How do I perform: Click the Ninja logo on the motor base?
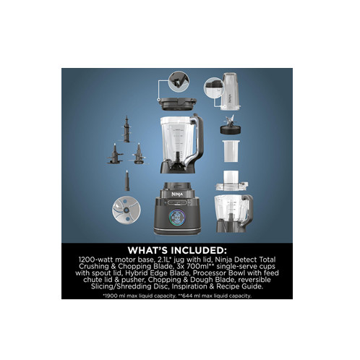(177, 194)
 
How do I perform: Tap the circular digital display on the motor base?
(177, 218)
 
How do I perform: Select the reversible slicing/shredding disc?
(127, 210)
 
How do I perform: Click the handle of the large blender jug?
(197, 140)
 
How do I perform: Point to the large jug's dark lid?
(179, 103)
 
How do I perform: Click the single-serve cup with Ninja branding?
(230, 92)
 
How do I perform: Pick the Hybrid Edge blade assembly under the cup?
(231, 125)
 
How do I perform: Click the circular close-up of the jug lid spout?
(179, 82)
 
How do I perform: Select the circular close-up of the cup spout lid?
(213, 88)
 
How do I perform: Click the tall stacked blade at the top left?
(127, 129)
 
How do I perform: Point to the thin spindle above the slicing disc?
(127, 181)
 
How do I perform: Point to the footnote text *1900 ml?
(116, 296)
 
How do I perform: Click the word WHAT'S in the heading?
(147, 250)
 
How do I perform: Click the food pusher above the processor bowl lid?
(231, 178)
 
